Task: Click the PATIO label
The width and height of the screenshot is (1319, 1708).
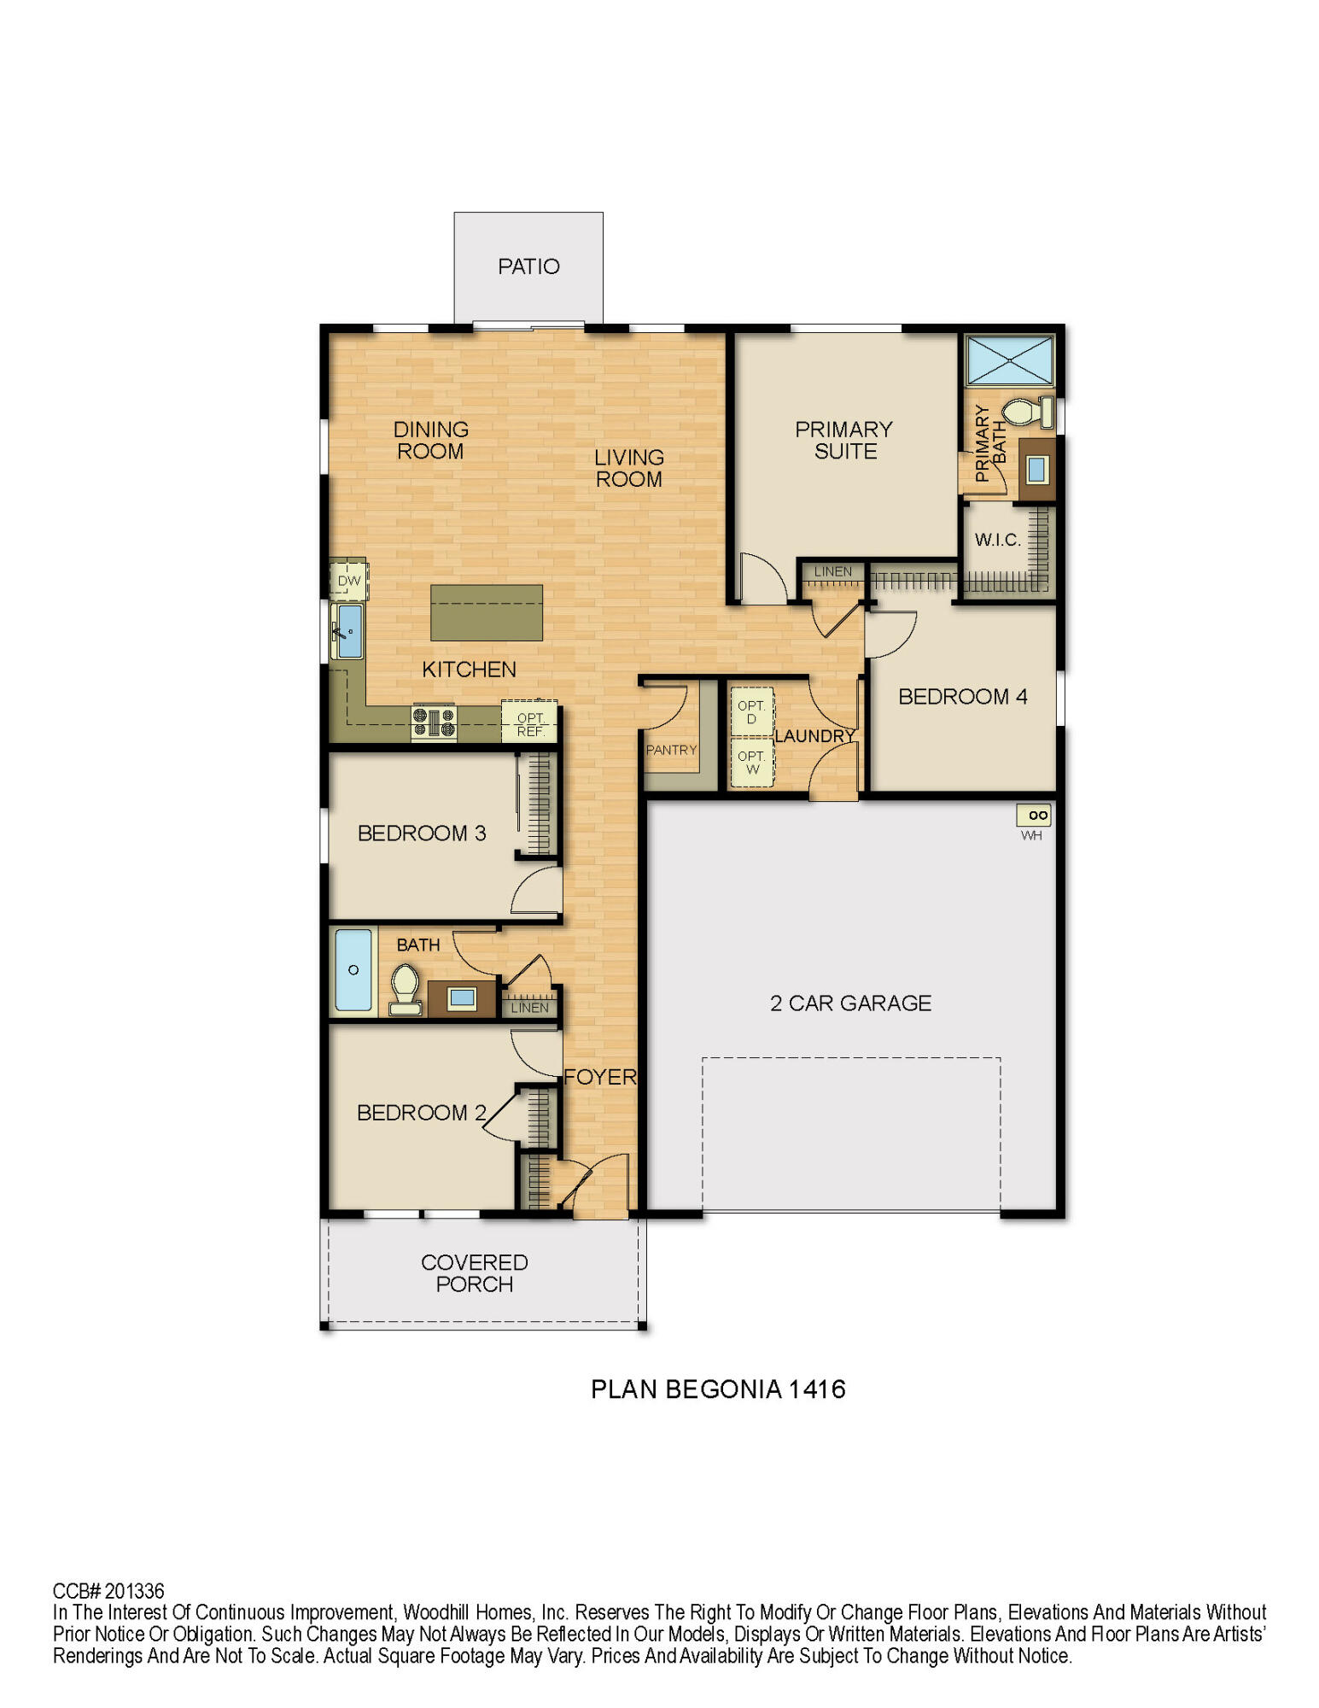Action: (528, 266)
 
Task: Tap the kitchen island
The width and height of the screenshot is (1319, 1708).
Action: (486, 612)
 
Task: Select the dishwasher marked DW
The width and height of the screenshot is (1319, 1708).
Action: (348, 581)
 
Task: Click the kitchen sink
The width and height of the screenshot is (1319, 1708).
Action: (350, 631)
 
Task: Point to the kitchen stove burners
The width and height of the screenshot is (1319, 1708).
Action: (434, 722)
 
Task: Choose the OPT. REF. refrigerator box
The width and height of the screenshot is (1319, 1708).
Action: (529, 723)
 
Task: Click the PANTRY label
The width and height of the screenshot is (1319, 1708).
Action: (671, 750)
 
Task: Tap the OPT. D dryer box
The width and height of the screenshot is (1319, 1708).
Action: (751, 711)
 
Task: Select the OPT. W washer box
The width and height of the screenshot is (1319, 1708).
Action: (751, 762)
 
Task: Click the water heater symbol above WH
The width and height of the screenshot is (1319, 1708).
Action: (1033, 815)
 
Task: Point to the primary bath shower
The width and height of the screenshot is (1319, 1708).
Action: (1009, 360)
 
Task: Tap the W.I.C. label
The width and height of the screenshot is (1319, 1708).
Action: (997, 540)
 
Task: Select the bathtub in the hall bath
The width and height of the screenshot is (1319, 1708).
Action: (353, 970)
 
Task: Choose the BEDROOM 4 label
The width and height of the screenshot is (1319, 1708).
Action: (962, 697)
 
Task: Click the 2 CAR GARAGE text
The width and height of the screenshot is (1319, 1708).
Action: (850, 1003)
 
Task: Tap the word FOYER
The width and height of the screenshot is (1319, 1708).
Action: (600, 1077)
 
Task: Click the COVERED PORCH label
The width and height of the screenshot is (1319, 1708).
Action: (474, 1273)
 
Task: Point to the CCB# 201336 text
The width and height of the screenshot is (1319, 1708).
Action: (108, 1591)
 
